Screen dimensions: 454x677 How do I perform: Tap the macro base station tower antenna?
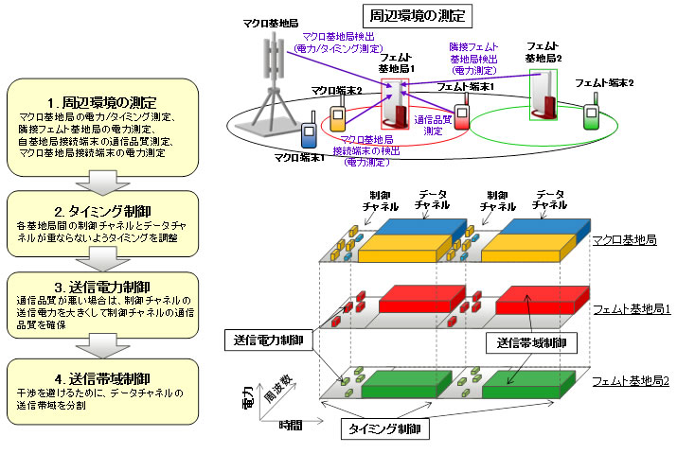276,56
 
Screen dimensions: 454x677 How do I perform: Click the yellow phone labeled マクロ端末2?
337,118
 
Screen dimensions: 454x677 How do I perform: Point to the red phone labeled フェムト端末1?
462,115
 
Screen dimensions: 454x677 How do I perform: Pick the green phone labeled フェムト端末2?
592,116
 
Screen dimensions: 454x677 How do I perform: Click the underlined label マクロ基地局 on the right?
625,241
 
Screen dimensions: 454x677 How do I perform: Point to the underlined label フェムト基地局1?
631,310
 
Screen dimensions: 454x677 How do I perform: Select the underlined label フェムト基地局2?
631,380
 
